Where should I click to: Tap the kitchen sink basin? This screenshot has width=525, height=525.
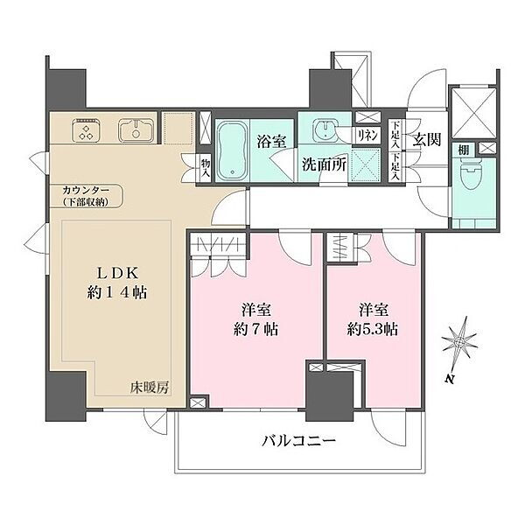point(136,129)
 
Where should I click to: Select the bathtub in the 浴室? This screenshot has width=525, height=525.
point(232,150)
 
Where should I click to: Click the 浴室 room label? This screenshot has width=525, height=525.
point(271,142)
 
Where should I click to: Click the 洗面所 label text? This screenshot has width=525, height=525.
point(324,164)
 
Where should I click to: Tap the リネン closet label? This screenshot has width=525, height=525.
point(367,136)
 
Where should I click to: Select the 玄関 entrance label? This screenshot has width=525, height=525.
point(426,140)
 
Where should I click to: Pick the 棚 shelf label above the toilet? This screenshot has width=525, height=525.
point(463,150)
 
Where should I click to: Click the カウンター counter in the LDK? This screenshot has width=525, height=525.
point(86,196)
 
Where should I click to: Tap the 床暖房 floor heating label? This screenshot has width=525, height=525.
point(150,388)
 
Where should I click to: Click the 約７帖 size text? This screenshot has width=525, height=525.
point(255,330)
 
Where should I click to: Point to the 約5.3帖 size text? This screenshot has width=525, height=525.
point(373,330)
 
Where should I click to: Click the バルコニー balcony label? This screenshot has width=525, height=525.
point(298,441)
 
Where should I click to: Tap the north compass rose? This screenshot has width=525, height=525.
point(459,342)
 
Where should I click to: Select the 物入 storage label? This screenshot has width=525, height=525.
point(206,168)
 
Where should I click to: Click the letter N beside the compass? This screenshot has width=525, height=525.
point(450,379)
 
